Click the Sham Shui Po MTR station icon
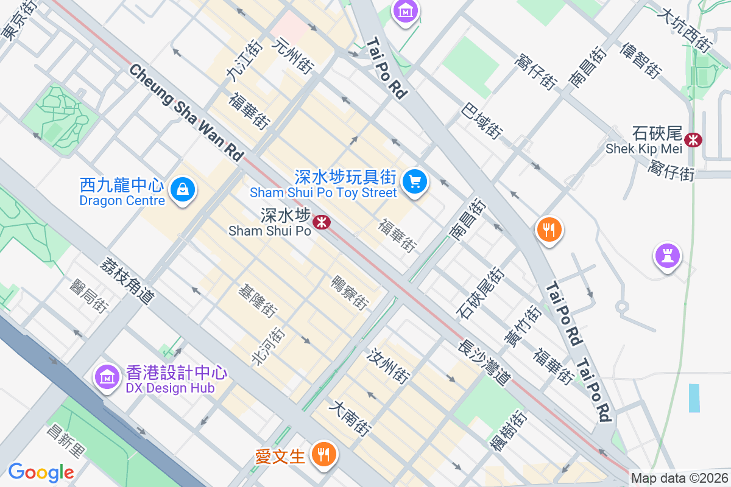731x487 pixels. pyautogui.click(x=321, y=222)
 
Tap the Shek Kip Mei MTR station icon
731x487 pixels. pyautogui.click(x=693, y=139)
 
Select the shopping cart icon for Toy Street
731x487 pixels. pyautogui.click(x=415, y=181)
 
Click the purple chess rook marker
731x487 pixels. pyautogui.click(x=667, y=256)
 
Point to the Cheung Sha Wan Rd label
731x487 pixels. pyautogui.click(x=186, y=113)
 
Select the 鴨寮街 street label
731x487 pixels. pyautogui.click(x=349, y=292)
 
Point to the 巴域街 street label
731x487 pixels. pyautogui.click(x=482, y=120)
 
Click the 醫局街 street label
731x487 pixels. pyautogui.click(x=89, y=296)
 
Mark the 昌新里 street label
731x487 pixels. pyautogui.click(x=67, y=441)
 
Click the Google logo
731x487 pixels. pyautogui.click(x=41, y=472)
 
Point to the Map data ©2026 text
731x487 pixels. pyautogui.click(x=679, y=478)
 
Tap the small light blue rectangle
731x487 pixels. pyautogui.click(x=694, y=398)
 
